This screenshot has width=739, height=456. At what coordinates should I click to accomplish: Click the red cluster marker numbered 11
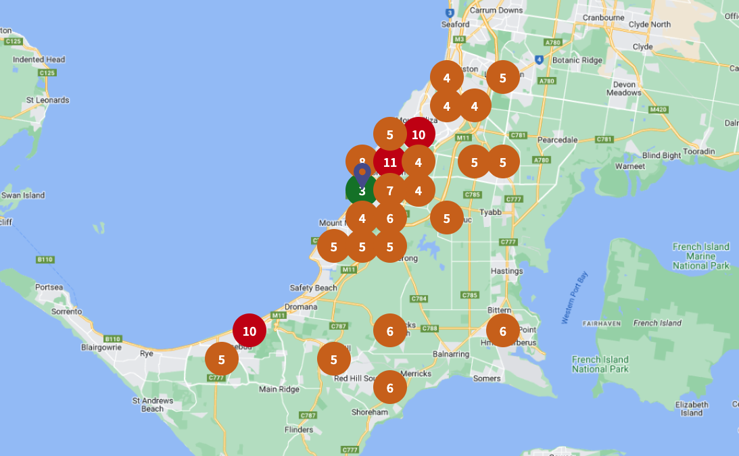pyautogui.click(x=390, y=162)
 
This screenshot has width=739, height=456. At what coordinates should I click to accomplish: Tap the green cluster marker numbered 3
pyautogui.click(x=360, y=193)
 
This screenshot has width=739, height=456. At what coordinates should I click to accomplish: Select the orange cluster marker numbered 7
pyautogui.click(x=390, y=191)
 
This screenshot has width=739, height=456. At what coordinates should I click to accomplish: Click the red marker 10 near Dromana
pyautogui.click(x=249, y=331)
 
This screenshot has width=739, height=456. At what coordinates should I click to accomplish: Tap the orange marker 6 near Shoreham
pyautogui.click(x=390, y=388)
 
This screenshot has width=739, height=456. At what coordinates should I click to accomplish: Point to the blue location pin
pyautogui.click(x=362, y=174)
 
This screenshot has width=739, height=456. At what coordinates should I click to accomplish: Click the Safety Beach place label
pyautogui.click(x=313, y=288)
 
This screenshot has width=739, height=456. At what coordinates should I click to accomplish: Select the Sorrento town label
pyautogui.click(x=67, y=311)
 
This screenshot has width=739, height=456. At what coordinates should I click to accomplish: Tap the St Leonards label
pyautogui.click(x=47, y=100)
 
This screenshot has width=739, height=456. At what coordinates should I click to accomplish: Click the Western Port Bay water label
pyautogui.click(x=572, y=298)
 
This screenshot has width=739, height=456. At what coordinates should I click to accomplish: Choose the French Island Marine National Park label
pyautogui.click(x=700, y=256)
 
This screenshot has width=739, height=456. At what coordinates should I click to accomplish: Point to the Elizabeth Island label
pyautogui.click(x=692, y=409)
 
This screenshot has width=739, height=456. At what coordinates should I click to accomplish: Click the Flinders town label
pyautogui.click(x=298, y=429)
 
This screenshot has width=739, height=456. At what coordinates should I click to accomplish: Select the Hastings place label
pyautogui.click(x=506, y=271)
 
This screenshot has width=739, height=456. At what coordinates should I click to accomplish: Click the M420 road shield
pyautogui.click(x=657, y=109)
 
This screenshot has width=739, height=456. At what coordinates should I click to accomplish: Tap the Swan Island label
pyautogui.click(x=22, y=195)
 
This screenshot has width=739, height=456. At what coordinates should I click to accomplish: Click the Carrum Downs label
pyautogui.click(x=496, y=10)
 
